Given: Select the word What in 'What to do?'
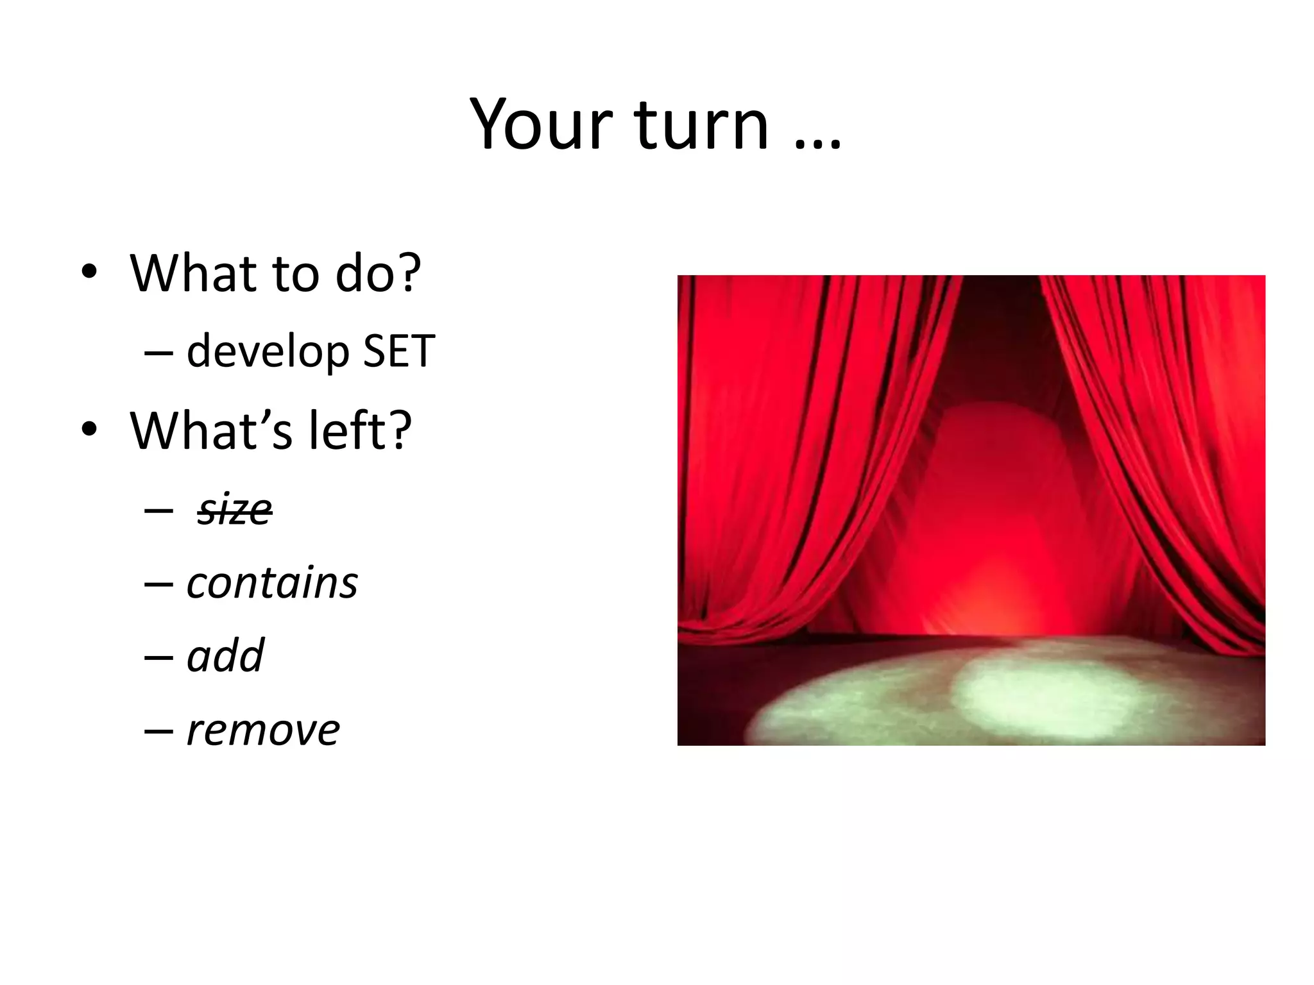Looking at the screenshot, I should tap(189, 273).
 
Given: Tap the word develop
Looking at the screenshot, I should tap(268, 352).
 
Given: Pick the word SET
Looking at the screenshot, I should tap(398, 352).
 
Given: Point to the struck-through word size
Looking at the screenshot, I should tap(235, 510).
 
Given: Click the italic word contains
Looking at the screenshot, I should tap(272, 583).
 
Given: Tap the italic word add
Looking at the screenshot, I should tap(225, 656).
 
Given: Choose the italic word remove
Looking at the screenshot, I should tap(262, 730).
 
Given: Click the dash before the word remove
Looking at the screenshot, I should tap(158, 731).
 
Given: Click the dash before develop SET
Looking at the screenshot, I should tap(158, 353).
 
